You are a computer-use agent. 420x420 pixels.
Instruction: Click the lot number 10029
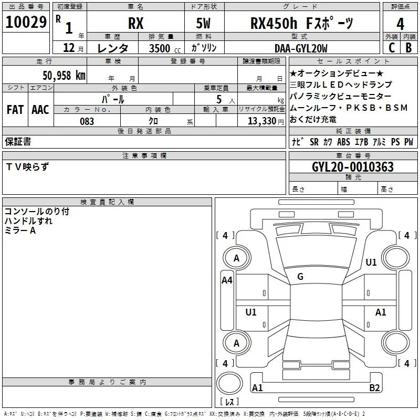(x=26, y=22)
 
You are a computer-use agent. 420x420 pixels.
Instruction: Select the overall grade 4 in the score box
(x=400, y=24)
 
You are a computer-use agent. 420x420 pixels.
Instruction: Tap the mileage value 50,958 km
(x=64, y=76)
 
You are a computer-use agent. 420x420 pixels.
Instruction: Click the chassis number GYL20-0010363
(x=353, y=167)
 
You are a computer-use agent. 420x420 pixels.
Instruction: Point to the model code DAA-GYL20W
(x=301, y=48)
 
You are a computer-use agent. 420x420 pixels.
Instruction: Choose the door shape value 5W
(x=203, y=23)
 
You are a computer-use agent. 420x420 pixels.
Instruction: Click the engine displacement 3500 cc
(x=165, y=48)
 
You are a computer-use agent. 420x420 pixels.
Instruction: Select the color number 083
(x=87, y=121)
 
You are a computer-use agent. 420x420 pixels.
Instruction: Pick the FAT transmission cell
(x=15, y=110)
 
